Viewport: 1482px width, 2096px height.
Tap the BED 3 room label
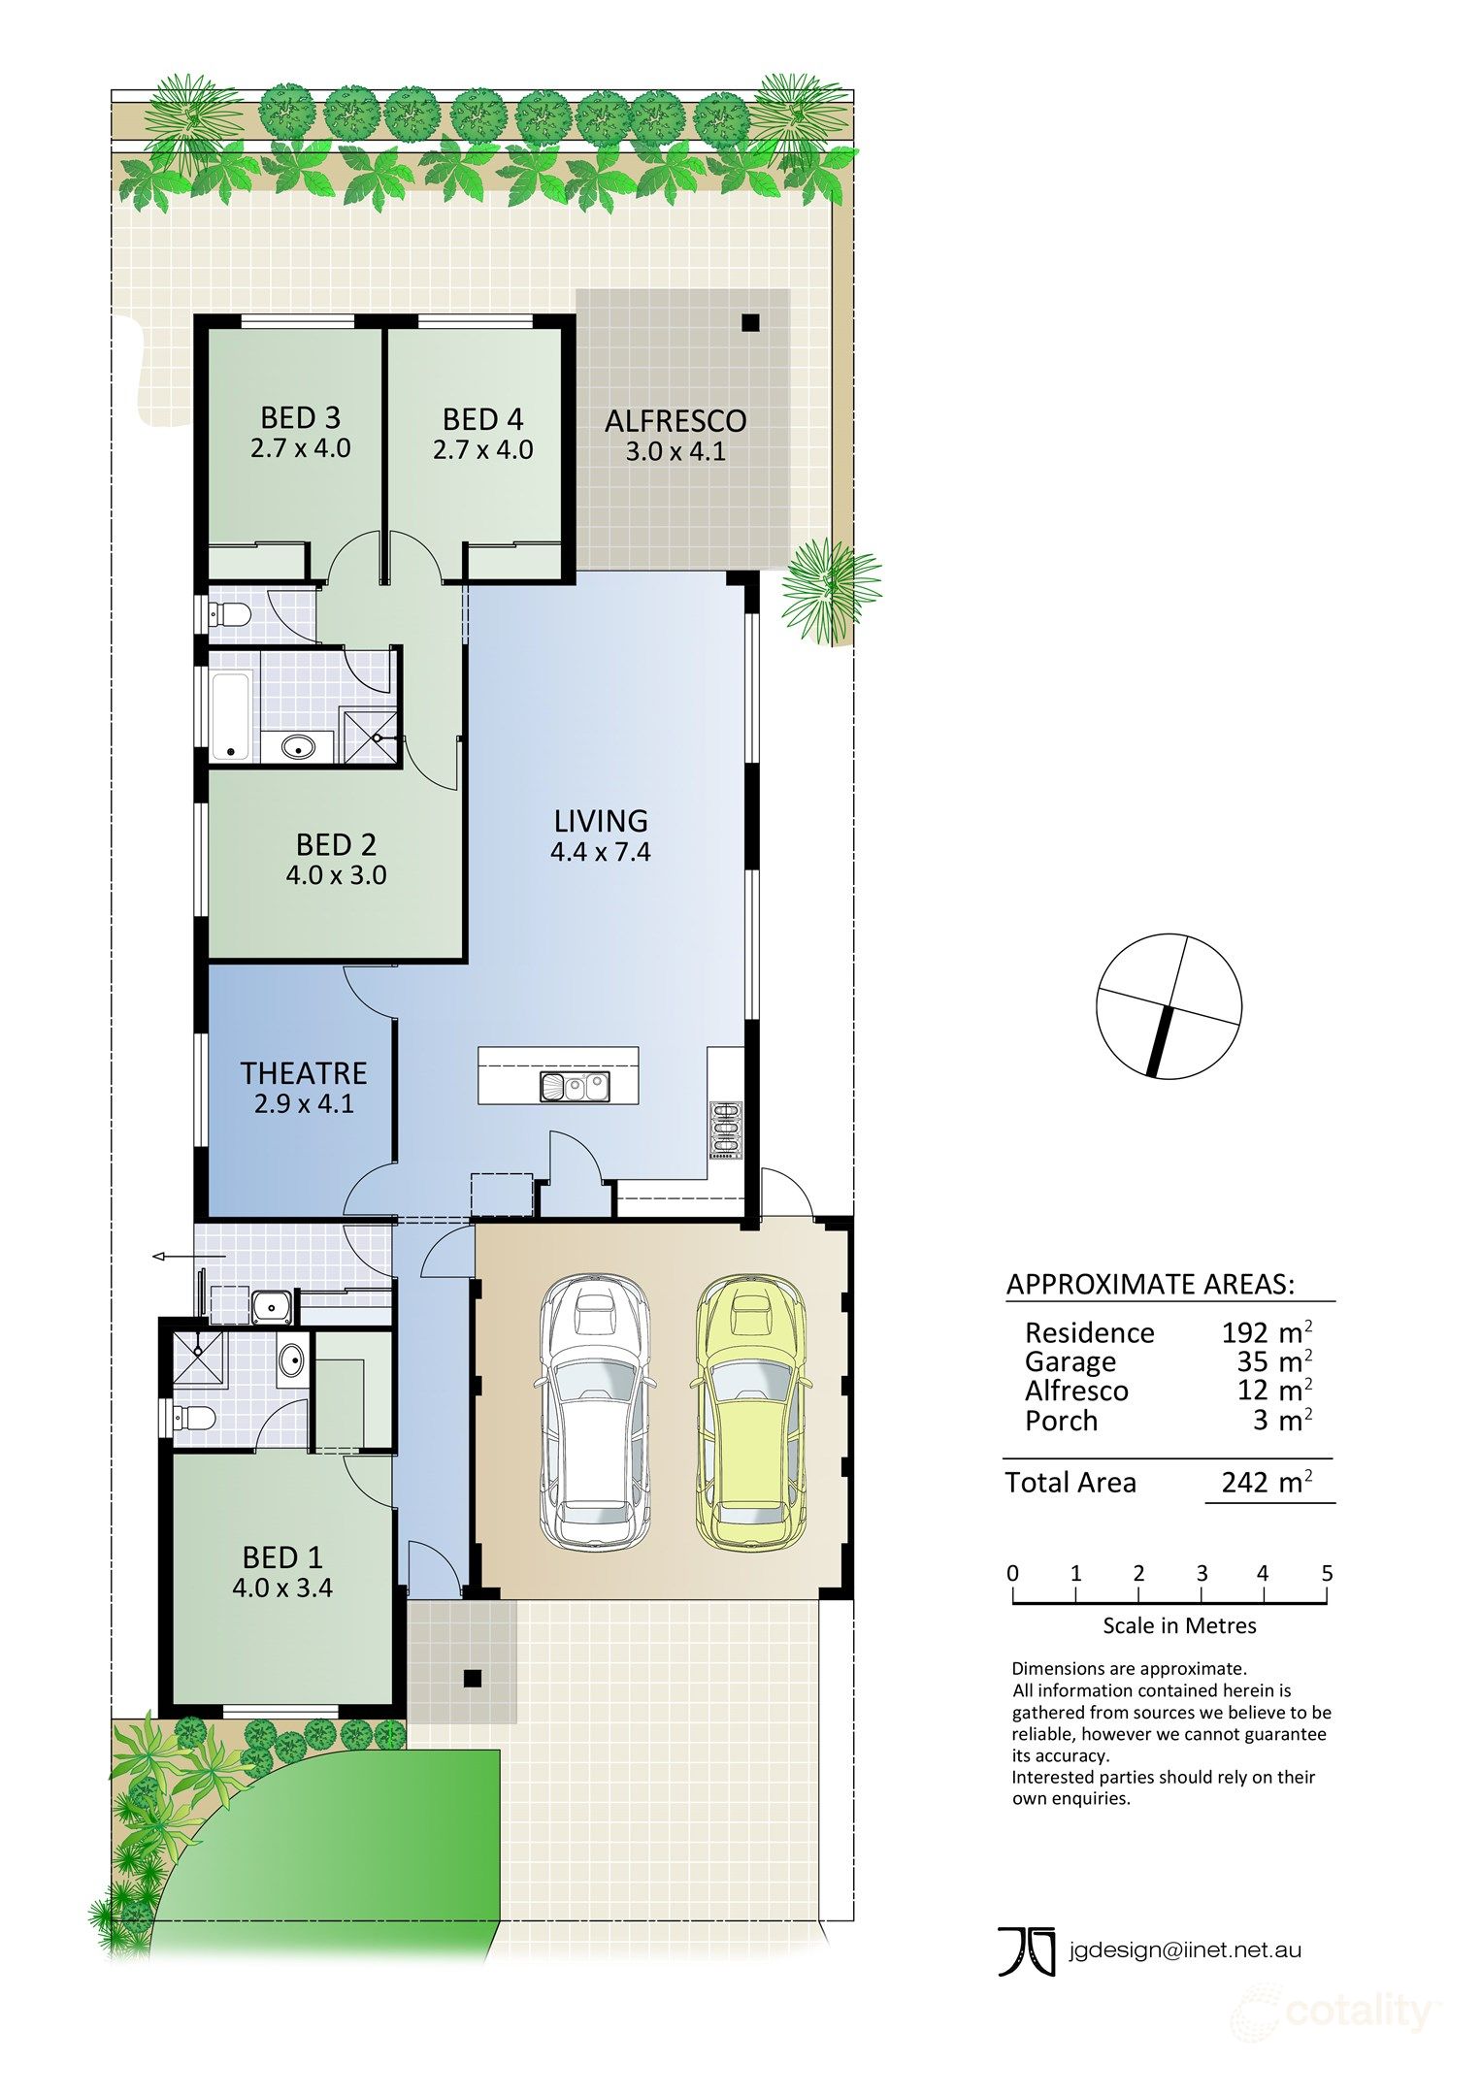click(x=300, y=418)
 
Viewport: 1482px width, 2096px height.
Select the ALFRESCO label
click(x=675, y=421)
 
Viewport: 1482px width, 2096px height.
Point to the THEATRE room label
click(x=304, y=1073)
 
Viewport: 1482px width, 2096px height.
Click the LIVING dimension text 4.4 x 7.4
click(x=600, y=853)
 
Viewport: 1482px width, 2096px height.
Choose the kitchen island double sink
click(x=574, y=1087)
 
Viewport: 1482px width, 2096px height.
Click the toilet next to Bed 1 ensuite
click(x=193, y=1418)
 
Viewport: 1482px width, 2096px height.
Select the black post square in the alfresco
click(x=750, y=324)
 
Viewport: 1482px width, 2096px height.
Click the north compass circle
click(x=1169, y=1006)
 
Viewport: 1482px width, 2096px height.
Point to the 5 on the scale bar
click(x=1327, y=1573)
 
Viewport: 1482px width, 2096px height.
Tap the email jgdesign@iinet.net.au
click(x=1184, y=1949)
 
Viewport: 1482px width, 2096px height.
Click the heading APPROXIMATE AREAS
click(x=1150, y=1285)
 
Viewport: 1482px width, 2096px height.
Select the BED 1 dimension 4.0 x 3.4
click(x=282, y=1588)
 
